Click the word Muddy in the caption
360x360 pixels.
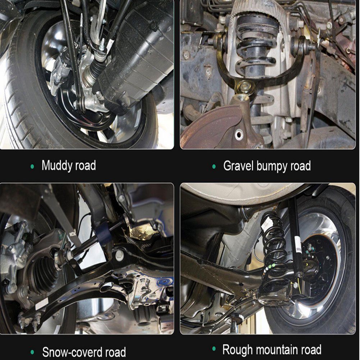(56, 166)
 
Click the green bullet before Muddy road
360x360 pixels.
(32, 167)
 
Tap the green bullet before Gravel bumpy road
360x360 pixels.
(214, 167)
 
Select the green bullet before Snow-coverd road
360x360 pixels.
(32, 352)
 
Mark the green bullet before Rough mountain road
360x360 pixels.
(214, 349)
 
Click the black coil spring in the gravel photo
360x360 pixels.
(255, 44)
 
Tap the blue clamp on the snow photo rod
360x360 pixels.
(102, 233)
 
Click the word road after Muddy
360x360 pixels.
(85, 166)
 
